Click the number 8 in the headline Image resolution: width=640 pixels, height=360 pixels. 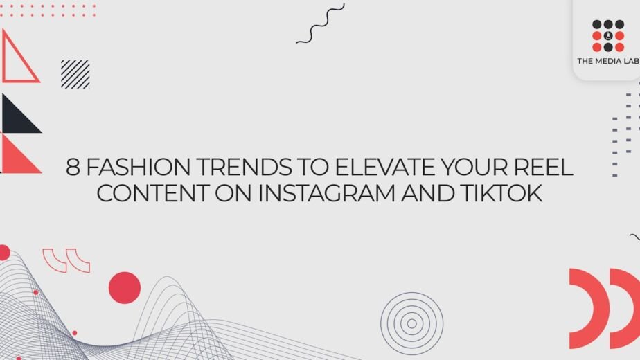point(72,167)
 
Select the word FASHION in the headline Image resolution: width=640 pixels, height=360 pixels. point(139,167)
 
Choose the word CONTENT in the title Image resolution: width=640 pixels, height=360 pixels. point(152,193)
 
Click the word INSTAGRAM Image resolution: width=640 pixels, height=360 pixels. point(327,193)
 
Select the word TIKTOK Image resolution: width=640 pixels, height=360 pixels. point(501,193)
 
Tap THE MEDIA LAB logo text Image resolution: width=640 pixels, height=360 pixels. point(608,61)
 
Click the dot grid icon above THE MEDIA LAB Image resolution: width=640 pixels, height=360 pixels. point(608,35)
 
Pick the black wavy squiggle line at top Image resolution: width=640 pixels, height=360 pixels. point(321,24)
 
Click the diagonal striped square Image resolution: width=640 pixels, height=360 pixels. point(75,74)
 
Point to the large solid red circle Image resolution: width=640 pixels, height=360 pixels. point(125,288)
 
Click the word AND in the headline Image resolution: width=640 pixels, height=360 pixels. point(428,193)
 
